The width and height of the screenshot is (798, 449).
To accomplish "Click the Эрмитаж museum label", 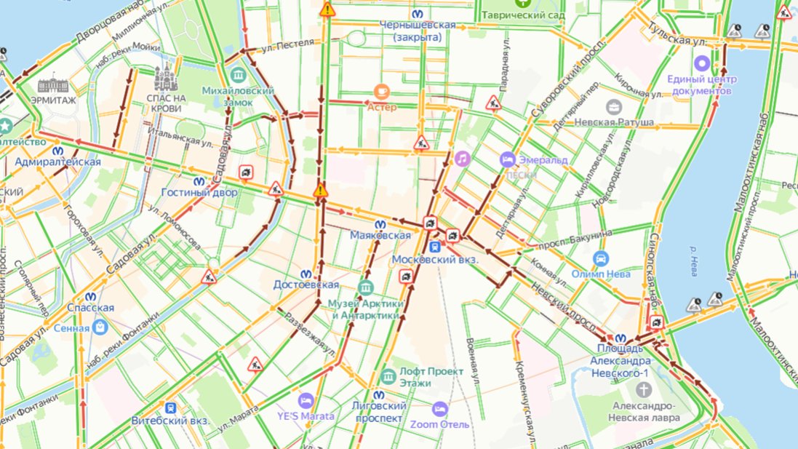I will (x=53, y=100).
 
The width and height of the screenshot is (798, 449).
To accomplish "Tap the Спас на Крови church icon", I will (x=166, y=76).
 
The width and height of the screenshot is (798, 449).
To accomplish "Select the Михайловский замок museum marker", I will (x=238, y=75).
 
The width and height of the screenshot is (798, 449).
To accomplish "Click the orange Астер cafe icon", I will (x=382, y=91).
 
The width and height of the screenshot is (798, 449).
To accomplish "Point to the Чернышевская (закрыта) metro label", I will (x=418, y=31).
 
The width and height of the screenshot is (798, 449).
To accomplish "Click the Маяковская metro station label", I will (x=380, y=236).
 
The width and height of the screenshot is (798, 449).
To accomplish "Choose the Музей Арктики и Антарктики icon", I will (x=366, y=287).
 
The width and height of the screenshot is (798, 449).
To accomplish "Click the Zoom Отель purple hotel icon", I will (x=439, y=409).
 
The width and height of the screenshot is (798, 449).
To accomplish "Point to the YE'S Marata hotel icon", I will (x=306, y=400).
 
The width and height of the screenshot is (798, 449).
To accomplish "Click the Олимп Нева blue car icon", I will (x=601, y=259).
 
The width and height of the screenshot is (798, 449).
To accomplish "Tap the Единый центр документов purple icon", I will (x=702, y=63).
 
